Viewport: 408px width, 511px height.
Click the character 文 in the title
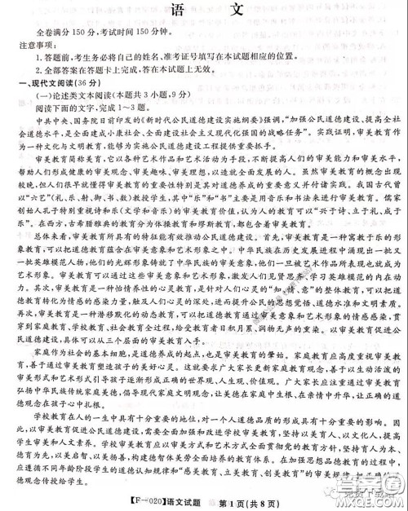click(x=234, y=12)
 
